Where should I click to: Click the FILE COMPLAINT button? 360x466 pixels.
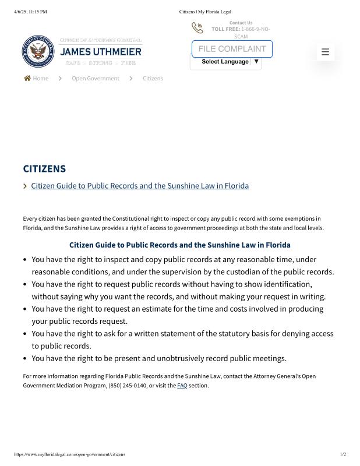232,49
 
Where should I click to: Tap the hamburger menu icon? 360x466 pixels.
325,52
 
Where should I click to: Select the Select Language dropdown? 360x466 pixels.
225,62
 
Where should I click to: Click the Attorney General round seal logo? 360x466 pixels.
38,51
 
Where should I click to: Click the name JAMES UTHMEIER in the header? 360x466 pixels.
101,51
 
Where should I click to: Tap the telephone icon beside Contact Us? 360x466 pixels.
197,28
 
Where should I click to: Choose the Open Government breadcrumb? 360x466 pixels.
96,79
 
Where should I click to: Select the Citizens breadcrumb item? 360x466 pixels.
153,79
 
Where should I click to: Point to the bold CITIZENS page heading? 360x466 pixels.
44,169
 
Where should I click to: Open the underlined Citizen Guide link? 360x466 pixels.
140,186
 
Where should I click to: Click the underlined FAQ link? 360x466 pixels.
182,386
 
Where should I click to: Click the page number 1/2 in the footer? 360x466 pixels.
343,454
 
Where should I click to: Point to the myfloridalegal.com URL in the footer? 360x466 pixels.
69,454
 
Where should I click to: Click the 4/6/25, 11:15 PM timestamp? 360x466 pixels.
30,12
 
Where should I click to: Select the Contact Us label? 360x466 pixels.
241,23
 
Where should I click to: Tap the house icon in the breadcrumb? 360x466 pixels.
27,78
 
